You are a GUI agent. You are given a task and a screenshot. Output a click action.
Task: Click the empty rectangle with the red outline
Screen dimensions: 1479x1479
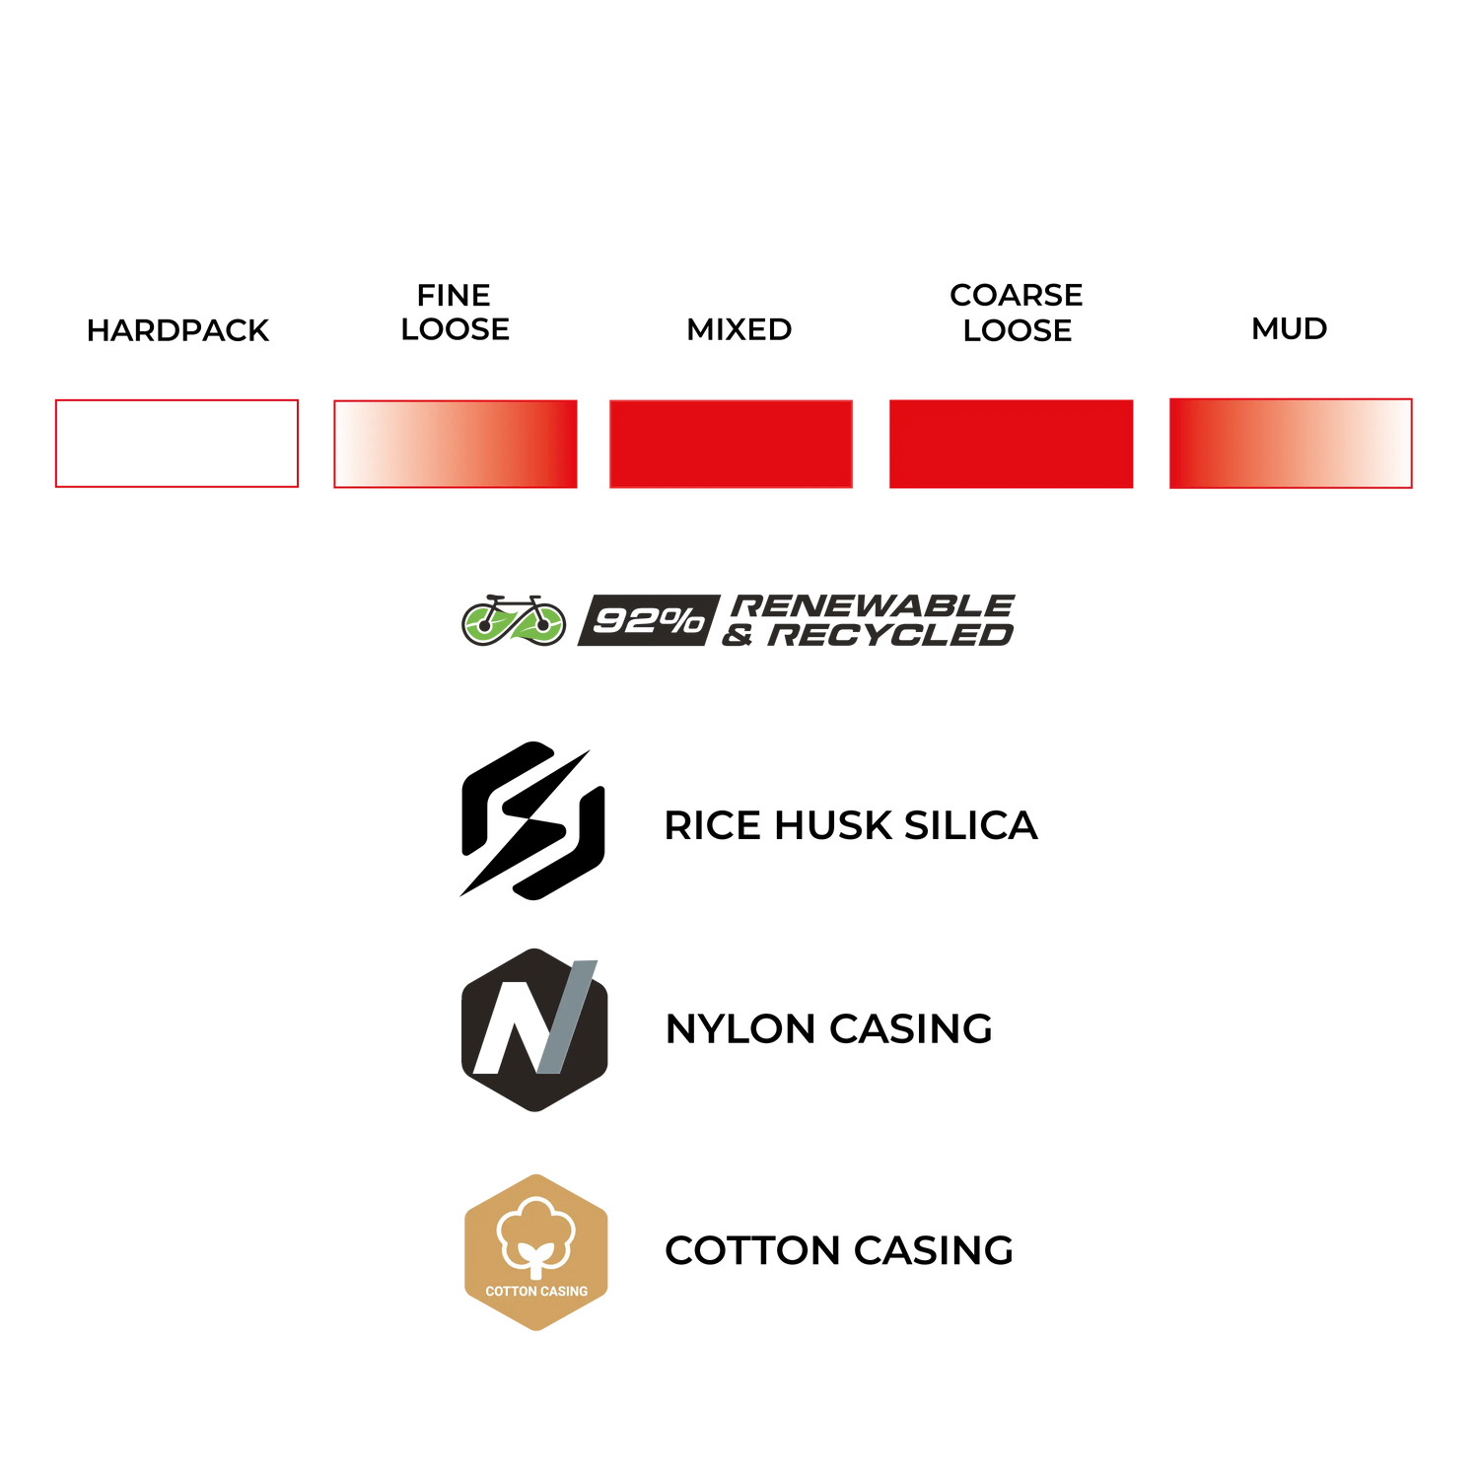tap(176, 444)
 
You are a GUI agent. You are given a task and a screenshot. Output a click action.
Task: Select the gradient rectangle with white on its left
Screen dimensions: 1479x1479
tap(455, 444)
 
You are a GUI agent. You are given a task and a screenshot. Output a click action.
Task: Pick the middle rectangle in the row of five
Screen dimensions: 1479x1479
tap(731, 444)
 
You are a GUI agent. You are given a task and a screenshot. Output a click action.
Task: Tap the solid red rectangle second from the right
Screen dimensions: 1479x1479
tap(1011, 444)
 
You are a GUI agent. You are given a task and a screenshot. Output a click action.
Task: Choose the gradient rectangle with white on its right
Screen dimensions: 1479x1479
tap(1290, 444)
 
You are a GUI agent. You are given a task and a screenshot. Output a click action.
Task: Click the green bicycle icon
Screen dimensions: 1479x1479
tap(514, 620)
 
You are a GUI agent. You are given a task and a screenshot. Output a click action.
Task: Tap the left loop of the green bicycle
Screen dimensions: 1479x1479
tap(486, 624)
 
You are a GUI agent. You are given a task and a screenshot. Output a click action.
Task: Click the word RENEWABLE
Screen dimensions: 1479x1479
tap(876, 604)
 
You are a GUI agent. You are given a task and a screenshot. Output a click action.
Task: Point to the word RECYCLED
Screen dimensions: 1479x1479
tap(892, 636)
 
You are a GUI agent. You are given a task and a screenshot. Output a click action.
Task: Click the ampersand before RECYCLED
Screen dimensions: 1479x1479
tap(738, 637)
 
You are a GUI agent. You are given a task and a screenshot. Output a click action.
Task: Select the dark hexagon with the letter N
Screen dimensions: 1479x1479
tap(534, 1029)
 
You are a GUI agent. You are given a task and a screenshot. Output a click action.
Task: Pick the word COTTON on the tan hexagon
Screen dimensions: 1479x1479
tap(510, 1292)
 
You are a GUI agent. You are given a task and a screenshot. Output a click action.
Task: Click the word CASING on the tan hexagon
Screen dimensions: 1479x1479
tap(563, 1292)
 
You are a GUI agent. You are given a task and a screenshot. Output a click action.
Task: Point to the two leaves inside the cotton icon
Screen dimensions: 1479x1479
tap(535, 1254)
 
